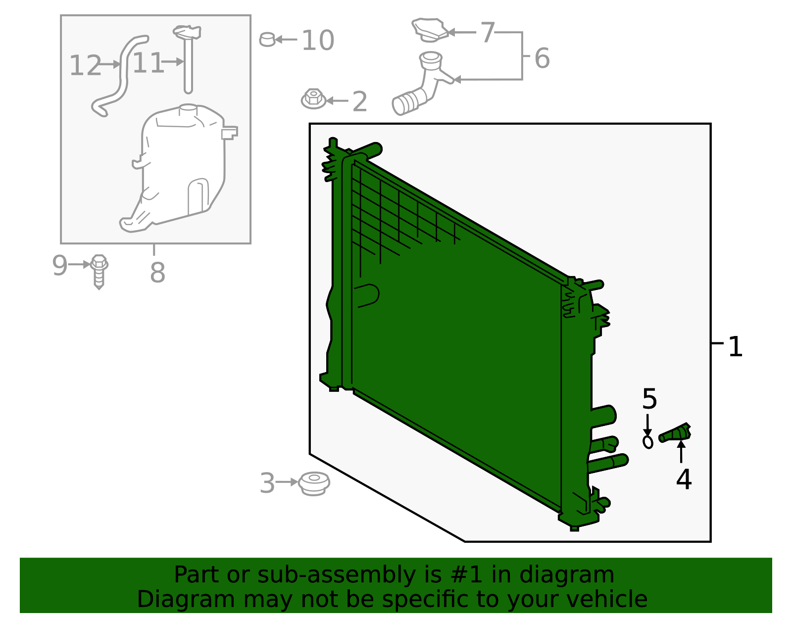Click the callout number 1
(x=736, y=347)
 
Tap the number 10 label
(x=318, y=41)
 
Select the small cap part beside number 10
(x=267, y=39)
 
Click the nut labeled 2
(x=313, y=99)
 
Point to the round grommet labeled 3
(x=314, y=483)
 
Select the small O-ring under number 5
(x=648, y=441)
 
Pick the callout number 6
(x=542, y=58)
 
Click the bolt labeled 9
(x=99, y=271)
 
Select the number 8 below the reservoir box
(x=157, y=272)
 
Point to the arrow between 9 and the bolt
(x=79, y=265)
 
